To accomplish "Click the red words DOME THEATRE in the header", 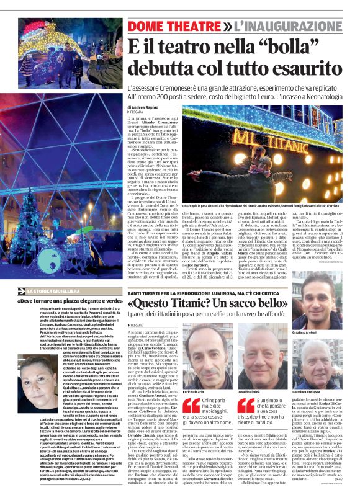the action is point(171,27).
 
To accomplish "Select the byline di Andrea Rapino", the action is point(146,107).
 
